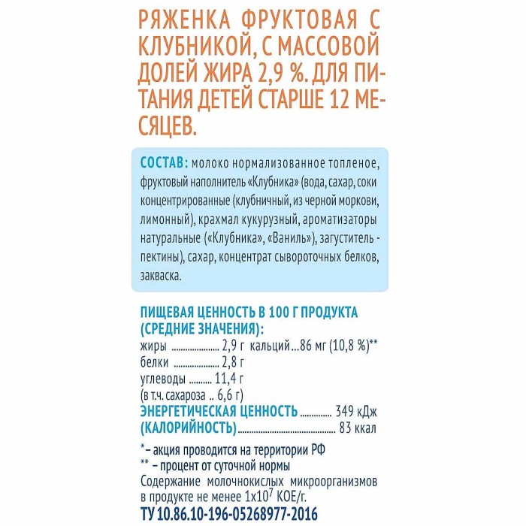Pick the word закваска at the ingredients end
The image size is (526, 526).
pyautogui.click(x=162, y=276)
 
